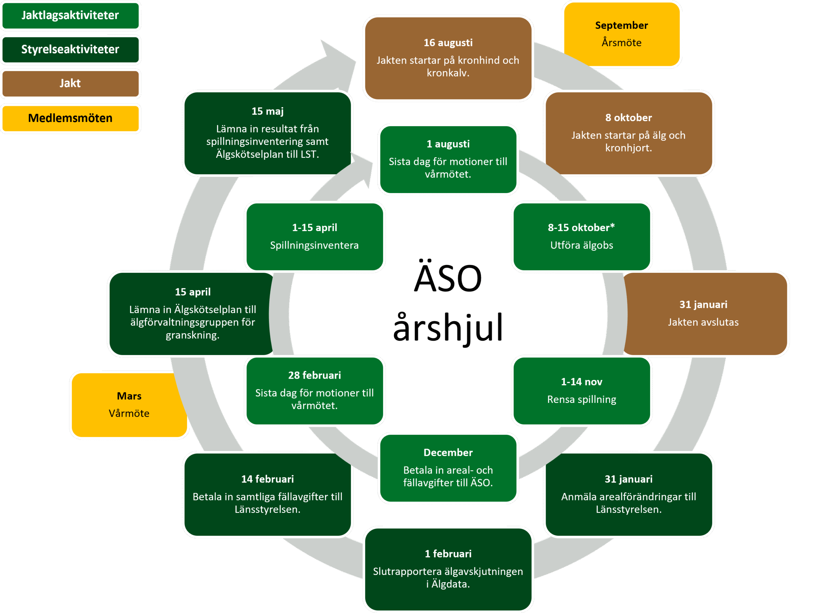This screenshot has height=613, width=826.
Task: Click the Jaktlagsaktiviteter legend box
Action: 70,15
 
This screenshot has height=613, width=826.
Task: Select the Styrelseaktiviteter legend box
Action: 70,49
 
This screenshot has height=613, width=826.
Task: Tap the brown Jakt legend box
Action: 70,83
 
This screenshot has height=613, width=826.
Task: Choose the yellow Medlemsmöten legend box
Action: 70,118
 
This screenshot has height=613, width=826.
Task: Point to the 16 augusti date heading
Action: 448,43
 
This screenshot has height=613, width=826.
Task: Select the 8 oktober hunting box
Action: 628,133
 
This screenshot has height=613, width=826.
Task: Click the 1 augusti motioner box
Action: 448,159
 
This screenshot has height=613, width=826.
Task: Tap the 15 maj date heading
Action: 267,111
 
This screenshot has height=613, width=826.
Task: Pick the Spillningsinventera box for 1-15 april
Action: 315,236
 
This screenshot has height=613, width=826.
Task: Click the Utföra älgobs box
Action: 581,236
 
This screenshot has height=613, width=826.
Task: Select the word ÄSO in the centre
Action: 448,278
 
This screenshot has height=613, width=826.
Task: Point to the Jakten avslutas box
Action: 705,313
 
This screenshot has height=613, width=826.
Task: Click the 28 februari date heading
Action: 315,375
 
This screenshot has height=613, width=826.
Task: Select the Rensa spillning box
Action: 581,391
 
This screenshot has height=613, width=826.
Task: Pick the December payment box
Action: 448,468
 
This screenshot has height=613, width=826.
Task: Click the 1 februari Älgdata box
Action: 448,569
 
